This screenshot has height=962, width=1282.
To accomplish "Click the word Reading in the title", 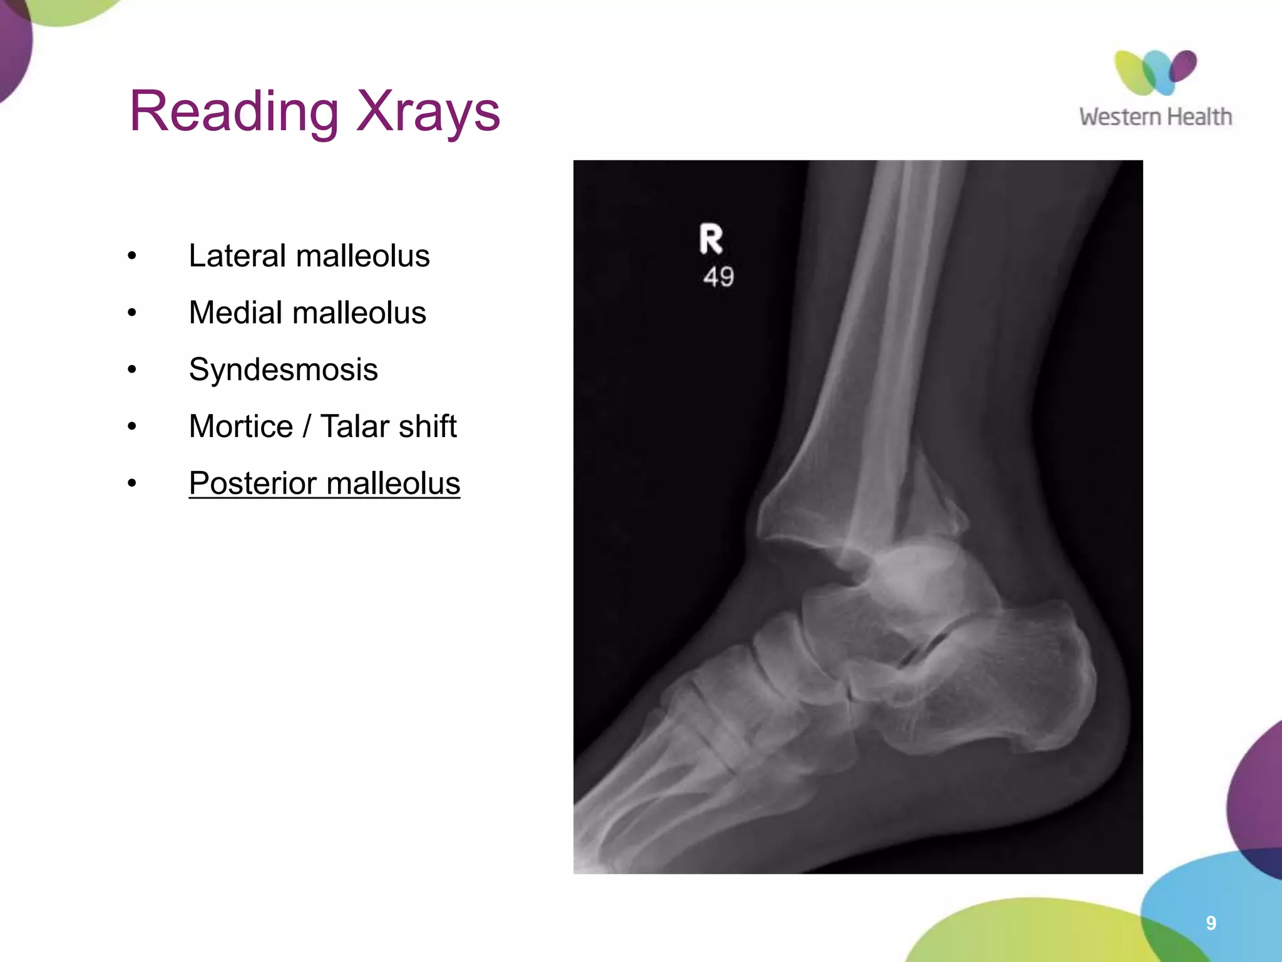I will point(233,111).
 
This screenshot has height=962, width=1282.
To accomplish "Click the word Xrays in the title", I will point(428,111).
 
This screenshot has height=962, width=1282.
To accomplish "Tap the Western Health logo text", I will point(1155,117).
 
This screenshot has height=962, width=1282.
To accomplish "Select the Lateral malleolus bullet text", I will point(309,256).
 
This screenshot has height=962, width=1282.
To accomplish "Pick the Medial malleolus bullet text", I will point(307,313).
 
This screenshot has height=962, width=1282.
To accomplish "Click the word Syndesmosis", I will point(283,370).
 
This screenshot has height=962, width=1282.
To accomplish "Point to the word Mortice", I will point(241,427).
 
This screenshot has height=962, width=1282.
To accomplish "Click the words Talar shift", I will point(388,427).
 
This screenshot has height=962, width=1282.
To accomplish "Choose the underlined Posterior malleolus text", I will point(324,484).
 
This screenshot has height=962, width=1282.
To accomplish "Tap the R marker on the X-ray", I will point(711,239).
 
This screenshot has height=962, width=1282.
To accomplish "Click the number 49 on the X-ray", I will point(718,276).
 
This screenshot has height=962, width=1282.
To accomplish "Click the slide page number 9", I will point(1211,923).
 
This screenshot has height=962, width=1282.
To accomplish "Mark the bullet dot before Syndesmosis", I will point(131,370).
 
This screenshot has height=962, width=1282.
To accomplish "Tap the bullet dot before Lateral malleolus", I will point(131,256).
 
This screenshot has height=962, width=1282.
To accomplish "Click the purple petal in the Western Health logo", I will point(1182,66).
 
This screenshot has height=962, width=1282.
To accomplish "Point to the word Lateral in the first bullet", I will point(237,256).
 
